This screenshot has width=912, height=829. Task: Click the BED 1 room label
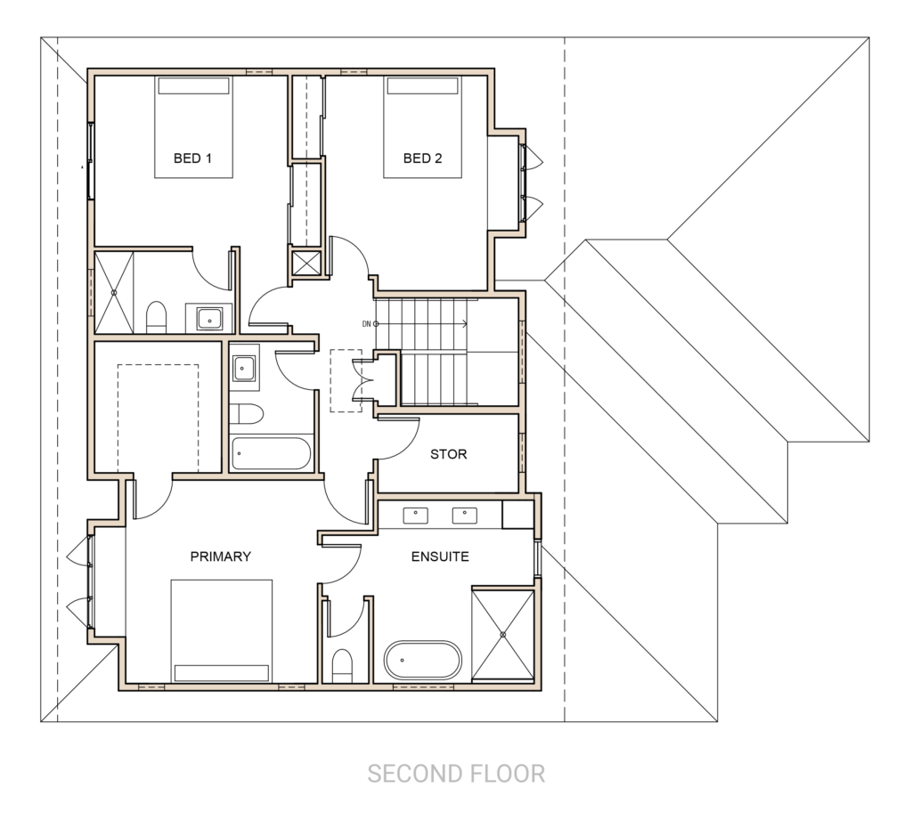[x=192, y=158]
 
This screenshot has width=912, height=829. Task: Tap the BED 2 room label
[x=422, y=158]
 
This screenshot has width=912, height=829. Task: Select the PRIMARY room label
[x=221, y=557]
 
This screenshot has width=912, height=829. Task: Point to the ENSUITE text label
[x=440, y=557]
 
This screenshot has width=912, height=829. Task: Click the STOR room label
[x=449, y=454]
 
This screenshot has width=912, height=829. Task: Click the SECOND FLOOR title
[x=456, y=774]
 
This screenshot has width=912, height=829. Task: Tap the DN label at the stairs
[x=366, y=324]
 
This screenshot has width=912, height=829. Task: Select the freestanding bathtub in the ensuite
[x=423, y=661]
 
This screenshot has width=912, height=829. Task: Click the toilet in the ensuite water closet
[x=343, y=666]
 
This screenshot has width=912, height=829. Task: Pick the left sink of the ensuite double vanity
[x=416, y=515]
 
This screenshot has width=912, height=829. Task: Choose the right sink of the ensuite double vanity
[x=465, y=515]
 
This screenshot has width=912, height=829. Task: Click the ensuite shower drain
[x=503, y=634]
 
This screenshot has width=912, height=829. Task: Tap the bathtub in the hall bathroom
[x=271, y=453]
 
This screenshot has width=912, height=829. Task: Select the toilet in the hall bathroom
[x=246, y=414]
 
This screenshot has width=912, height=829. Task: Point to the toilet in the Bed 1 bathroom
[x=157, y=317]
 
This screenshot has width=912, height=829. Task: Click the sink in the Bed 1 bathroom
[x=209, y=319]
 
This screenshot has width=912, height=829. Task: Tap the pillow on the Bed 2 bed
[x=423, y=86]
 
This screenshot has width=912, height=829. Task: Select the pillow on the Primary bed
[x=222, y=672]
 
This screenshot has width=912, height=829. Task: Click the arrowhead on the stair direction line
[x=465, y=324]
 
